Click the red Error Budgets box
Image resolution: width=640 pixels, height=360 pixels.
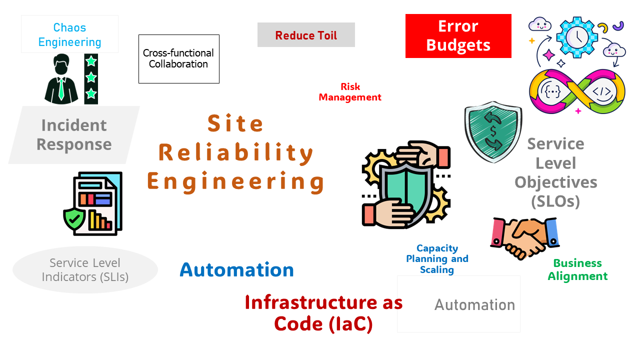click(x=458, y=36)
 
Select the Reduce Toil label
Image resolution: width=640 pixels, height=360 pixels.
click(x=306, y=35)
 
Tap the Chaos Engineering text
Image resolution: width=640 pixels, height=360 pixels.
click(x=69, y=34)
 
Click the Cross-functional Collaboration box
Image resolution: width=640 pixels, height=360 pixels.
click(x=178, y=58)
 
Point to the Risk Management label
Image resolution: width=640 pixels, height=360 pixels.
click(x=350, y=92)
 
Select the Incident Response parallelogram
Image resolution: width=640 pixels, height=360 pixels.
click(x=74, y=134)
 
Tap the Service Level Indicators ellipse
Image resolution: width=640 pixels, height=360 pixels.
click(x=85, y=269)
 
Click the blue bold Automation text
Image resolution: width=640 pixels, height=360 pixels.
click(x=236, y=270)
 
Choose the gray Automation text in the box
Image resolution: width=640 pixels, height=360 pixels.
click(x=474, y=304)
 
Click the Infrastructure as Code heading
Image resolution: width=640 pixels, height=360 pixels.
click(x=323, y=313)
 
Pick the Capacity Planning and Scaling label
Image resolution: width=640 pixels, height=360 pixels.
click(x=437, y=259)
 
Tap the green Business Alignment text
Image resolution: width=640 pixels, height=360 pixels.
click(x=577, y=269)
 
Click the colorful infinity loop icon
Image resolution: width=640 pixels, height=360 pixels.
click(x=577, y=91)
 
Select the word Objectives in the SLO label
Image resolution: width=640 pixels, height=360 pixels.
click(x=555, y=182)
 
